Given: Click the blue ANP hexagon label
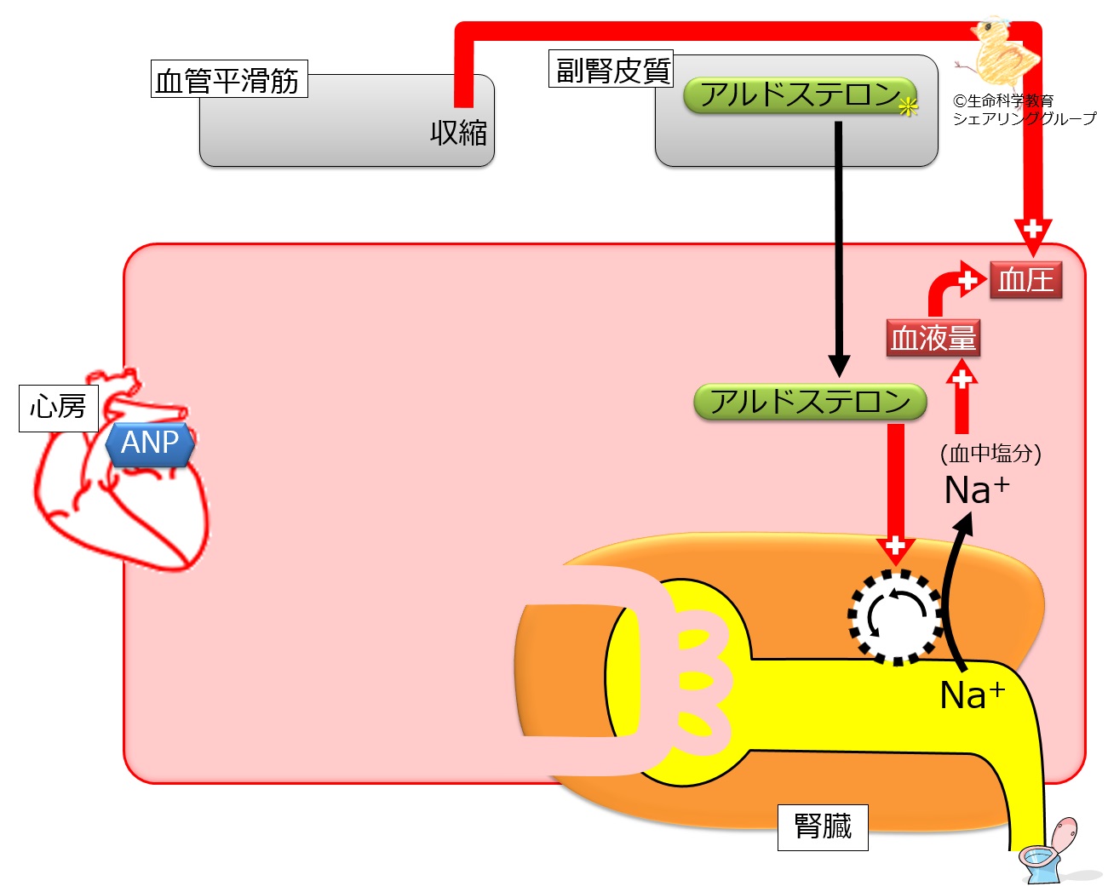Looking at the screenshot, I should (x=150, y=443).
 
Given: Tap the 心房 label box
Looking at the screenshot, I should (x=58, y=408).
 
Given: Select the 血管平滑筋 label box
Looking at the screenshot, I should (x=228, y=80).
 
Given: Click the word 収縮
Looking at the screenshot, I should (x=458, y=133).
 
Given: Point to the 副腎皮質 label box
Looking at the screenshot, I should (x=611, y=69).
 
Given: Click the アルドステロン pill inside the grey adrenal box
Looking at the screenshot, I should (x=799, y=95).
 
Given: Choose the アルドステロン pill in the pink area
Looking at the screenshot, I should (x=809, y=402).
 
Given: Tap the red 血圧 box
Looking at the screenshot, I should (x=1025, y=280).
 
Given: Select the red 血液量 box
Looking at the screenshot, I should (x=933, y=338).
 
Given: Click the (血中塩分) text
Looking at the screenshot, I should (x=990, y=453).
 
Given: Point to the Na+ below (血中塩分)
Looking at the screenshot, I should (x=976, y=490).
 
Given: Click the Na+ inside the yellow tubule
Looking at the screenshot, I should (x=972, y=695).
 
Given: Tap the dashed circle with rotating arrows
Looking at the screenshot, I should (x=895, y=616).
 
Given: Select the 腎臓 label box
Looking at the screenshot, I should (x=822, y=826).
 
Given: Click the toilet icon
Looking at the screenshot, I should (x=1049, y=852).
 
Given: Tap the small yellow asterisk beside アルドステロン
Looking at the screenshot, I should (x=909, y=107).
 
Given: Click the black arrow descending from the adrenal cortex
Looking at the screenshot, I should (x=839, y=247).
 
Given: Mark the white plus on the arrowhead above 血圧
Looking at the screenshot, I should (x=1032, y=229).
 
